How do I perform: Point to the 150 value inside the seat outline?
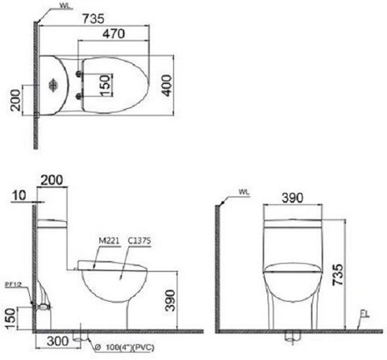(102, 83)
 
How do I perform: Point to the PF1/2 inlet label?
(12, 285)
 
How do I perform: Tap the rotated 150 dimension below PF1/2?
(10, 316)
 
